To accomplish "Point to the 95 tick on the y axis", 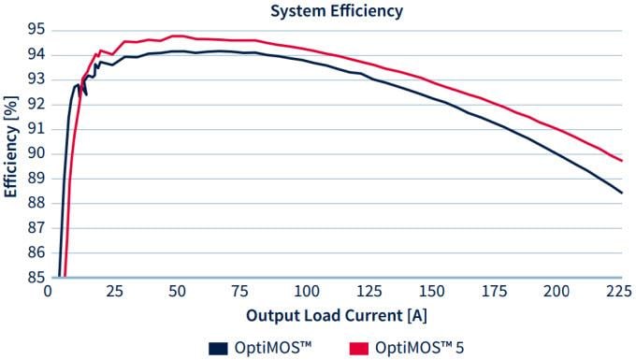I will (x=35, y=29).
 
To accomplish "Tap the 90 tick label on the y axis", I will (x=35, y=153).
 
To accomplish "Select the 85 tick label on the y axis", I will (x=35, y=277).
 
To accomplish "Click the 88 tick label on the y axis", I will (x=35, y=203).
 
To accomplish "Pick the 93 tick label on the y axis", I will (x=35, y=79).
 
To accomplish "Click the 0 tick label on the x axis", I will (x=49, y=292).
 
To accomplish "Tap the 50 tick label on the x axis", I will (x=176, y=292).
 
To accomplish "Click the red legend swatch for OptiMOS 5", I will (x=354, y=349).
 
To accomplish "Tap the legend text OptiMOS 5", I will (x=419, y=349).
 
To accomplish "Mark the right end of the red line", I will (x=622, y=161).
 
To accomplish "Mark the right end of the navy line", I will (x=622, y=193).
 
